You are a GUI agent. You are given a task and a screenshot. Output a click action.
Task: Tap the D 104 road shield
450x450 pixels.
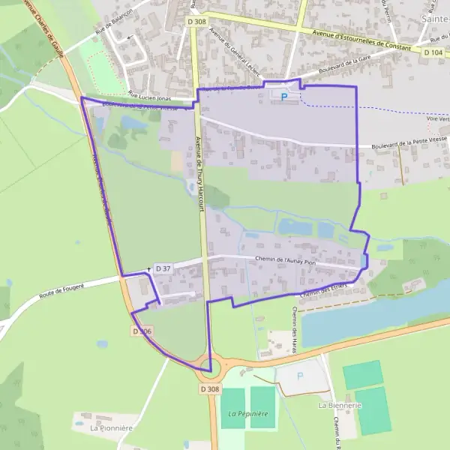click(x=433, y=52)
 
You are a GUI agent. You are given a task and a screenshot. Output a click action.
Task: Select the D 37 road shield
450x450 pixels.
click(x=163, y=268)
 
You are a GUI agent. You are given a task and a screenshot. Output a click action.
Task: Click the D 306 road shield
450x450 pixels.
click(x=142, y=331)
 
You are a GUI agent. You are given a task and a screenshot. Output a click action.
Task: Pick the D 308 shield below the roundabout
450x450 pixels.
click(x=211, y=389)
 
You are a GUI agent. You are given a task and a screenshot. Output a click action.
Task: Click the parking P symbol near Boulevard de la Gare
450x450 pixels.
click(x=283, y=96)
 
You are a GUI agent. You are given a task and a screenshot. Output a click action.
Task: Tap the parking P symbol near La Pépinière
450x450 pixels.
click(x=299, y=376)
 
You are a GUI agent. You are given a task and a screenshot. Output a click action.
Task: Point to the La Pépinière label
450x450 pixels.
click(x=248, y=414)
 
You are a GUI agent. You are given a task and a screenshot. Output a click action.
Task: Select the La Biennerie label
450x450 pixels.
click(x=340, y=405)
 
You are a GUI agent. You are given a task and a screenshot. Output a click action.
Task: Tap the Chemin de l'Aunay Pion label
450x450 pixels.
click(x=285, y=261)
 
